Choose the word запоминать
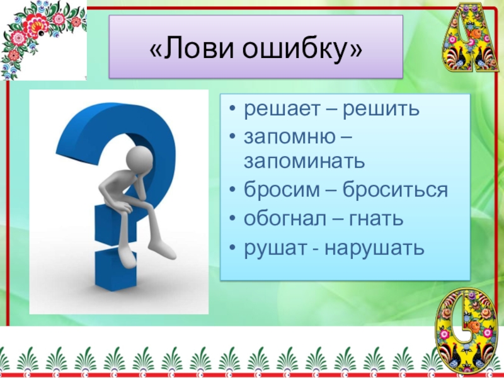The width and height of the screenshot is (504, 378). (x=305, y=161)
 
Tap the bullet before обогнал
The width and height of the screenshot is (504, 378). (x=233, y=219)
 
